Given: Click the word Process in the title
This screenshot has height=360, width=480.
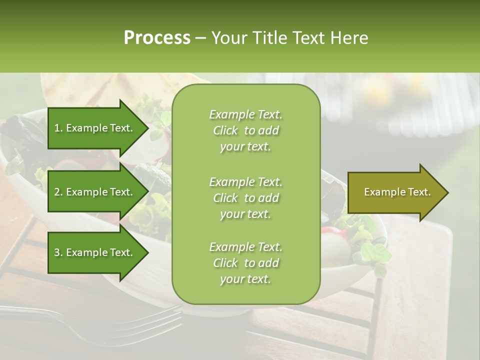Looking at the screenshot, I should pos(157,38).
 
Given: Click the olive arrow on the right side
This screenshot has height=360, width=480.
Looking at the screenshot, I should pos(395,192).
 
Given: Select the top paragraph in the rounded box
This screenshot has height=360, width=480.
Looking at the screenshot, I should pos(245,130).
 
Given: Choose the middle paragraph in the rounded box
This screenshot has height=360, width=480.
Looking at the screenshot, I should pos(245,198).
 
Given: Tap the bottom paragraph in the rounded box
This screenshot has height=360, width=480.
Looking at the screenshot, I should pos(245,263).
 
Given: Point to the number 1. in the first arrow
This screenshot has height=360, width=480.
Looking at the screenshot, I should pos(58,128).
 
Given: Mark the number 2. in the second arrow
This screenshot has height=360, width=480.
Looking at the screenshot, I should pos(58,192).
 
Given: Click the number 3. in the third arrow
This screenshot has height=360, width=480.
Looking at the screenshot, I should pos(58,252).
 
